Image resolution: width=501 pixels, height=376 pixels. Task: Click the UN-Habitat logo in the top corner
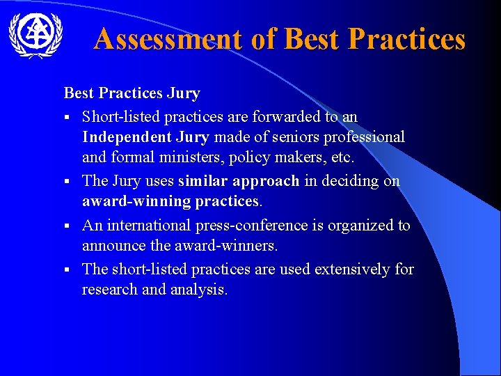pos(35,33)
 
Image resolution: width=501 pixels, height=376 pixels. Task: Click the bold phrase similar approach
pos(239,181)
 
